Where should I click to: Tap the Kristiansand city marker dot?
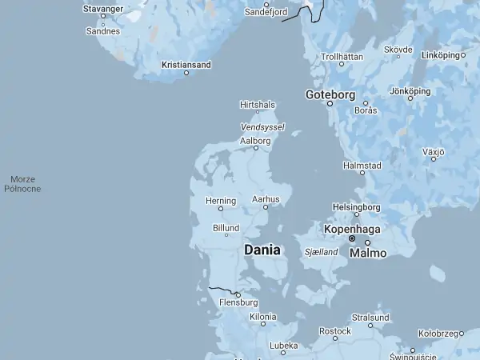tap(186, 73)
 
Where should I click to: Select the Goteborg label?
tap(330, 94)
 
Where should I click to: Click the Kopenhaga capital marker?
tap(352, 238)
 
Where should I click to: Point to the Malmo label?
tap(367, 253)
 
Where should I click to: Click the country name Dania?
tap(262, 250)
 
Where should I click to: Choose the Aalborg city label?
tap(256, 140)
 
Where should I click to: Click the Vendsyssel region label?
tap(262, 126)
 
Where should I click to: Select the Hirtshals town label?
tap(258, 104)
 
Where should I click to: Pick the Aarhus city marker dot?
tap(266, 207)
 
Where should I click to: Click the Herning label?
tap(221, 200)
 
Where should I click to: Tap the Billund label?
tap(226, 227)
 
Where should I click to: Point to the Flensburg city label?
tap(238, 302)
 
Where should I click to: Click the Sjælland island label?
tap(322, 251)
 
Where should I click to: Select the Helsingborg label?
tap(356, 206)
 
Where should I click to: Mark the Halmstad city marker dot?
tap(362, 172)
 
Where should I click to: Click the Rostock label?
tap(335, 330)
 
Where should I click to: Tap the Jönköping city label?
tap(410, 91)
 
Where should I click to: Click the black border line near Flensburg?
tap(220, 288)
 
